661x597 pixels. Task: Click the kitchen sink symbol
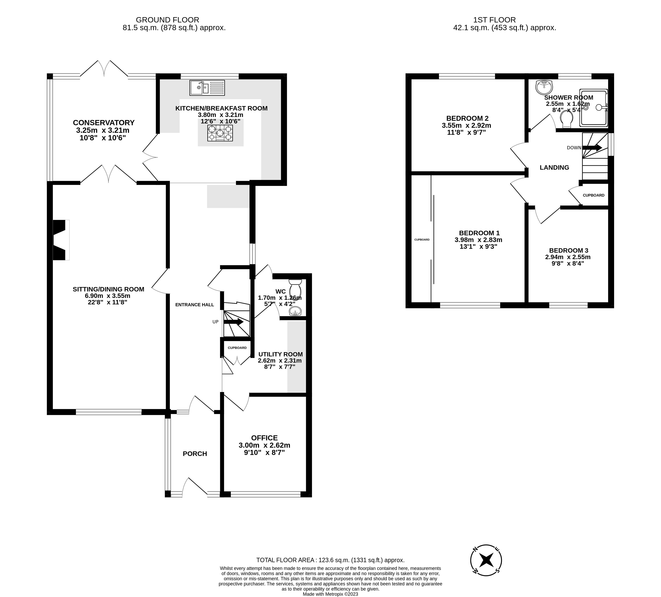click(207, 87)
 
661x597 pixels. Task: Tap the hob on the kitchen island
click(220, 133)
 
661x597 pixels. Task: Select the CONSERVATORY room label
click(104, 123)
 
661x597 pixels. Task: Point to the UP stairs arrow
click(234, 322)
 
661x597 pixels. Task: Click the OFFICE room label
click(264, 438)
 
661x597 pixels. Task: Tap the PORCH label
click(195, 454)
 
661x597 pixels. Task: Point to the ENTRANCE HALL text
click(195, 305)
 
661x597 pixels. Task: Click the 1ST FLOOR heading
click(494, 20)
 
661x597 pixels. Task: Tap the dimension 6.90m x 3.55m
click(108, 295)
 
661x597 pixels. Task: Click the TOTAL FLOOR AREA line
click(331, 560)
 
